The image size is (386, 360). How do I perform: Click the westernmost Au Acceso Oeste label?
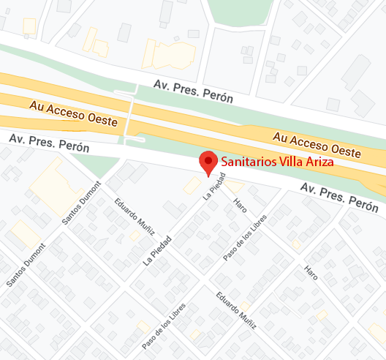(72, 115)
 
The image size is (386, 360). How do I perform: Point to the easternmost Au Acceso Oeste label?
(317, 145)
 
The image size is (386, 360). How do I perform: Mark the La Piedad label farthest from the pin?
(157, 249)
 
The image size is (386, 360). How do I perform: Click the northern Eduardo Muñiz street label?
(135, 214)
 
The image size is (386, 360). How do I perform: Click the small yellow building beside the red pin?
(193, 185)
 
